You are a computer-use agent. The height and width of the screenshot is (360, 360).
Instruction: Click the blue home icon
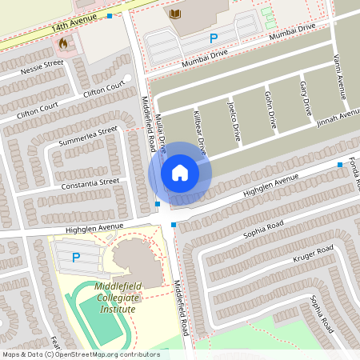coord(180,172)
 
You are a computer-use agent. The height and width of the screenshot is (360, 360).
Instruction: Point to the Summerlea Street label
coord(88,136)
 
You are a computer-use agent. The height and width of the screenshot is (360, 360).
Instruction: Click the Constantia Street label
coord(90,185)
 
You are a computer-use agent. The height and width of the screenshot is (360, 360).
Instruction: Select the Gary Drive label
coord(305,98)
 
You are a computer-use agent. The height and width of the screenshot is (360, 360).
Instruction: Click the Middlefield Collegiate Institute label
coord(116,298)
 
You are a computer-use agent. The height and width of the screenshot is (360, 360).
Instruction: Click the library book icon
coord(175,14)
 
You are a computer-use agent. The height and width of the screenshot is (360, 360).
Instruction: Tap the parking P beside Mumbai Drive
coord(213,38)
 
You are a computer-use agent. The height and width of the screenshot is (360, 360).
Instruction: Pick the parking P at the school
coord(76,258)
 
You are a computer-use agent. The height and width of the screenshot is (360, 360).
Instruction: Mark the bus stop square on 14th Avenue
coord(110,15)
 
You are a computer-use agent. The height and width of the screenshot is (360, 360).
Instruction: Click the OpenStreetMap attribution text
coord(81,354)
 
